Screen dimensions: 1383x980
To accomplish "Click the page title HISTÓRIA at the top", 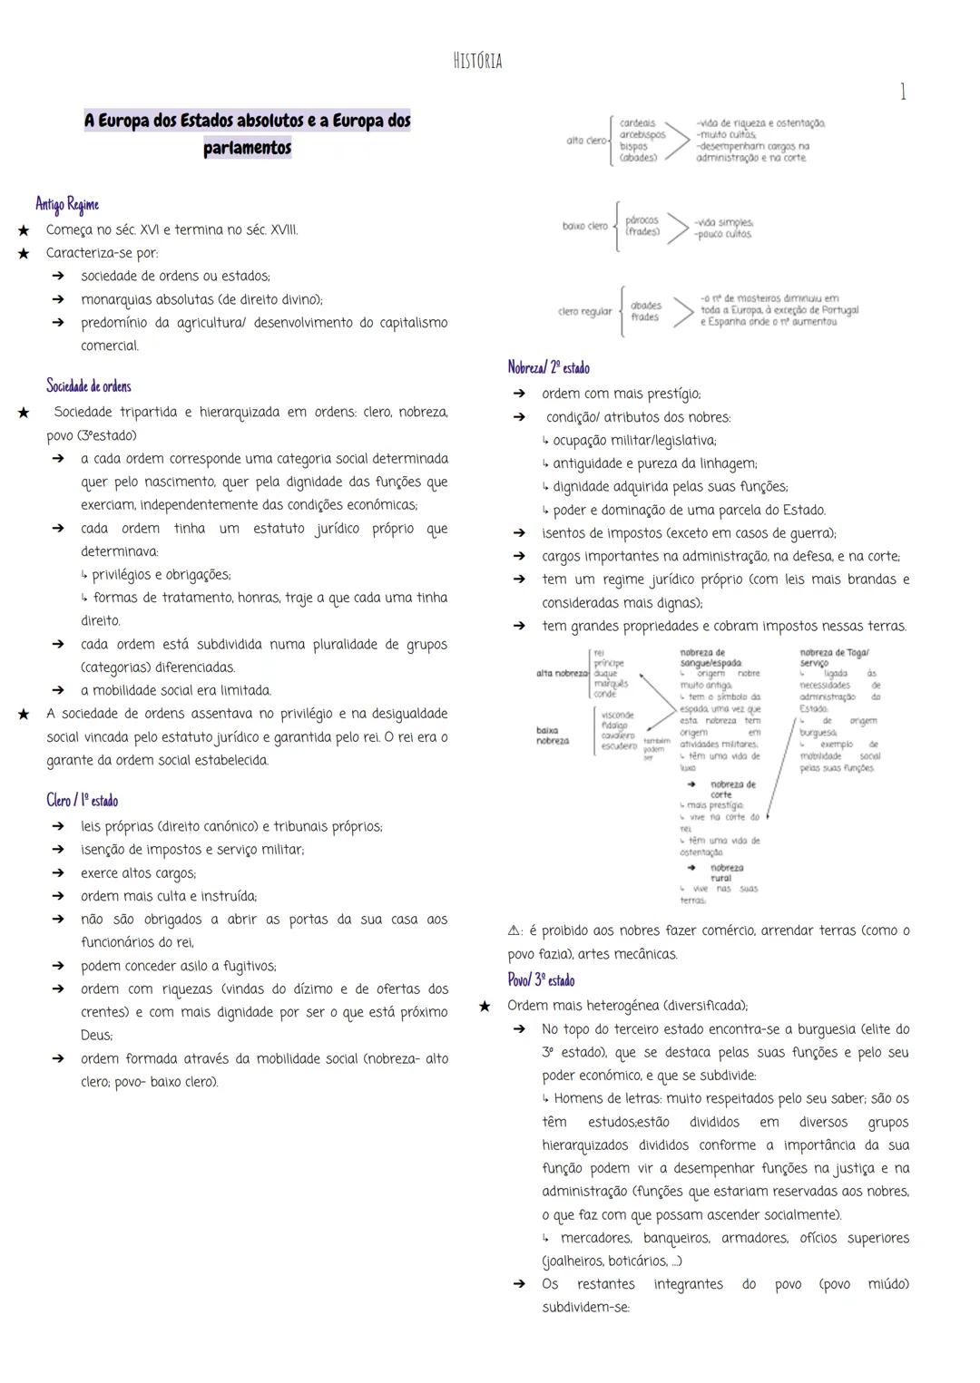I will click(x=477, y=62).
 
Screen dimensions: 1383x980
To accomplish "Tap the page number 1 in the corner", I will click(x=902, y=92).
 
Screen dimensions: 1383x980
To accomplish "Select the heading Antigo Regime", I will click(x=67, y=204).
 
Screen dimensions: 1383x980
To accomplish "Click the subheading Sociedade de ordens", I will click(x=89, y=386).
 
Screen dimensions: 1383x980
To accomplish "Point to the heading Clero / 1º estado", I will click(x=83, y=800).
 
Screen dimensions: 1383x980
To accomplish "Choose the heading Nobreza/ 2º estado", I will click(x=549, y=368).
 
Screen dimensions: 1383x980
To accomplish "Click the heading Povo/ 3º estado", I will click(x=541, y=980).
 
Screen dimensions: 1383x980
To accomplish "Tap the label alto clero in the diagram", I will click(x=586, y=141).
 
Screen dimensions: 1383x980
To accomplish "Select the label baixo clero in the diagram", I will click(x=584, y=226).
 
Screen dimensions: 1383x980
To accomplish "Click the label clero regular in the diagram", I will click(x=584, y=312).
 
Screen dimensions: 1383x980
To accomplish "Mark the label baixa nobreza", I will click(x=553, y=735).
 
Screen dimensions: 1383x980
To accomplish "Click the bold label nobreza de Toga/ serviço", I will click(x=834, y=657).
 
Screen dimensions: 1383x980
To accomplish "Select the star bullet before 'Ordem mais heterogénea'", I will click(x=485, y=1006).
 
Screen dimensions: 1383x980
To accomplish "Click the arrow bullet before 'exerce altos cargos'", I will click(x=58, y=873).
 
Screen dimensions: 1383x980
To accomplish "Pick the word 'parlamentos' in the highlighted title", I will click(x=247, y=148).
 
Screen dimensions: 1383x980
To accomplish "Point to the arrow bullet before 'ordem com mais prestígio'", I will click(x=519, y=394).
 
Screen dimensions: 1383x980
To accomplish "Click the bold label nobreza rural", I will click(x=720, y=872).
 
